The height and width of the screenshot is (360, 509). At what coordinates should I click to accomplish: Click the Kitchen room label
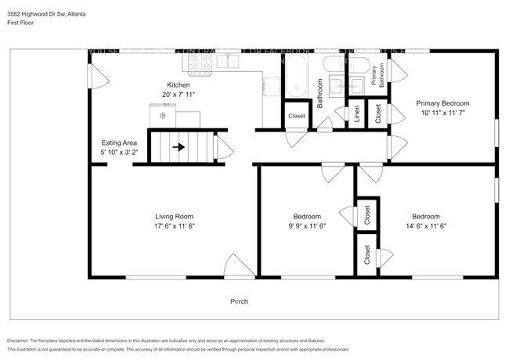click(179, 85)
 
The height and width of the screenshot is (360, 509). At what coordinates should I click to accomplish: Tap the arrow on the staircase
click(179, 146)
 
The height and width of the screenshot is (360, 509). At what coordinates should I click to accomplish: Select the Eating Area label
click(119, 142)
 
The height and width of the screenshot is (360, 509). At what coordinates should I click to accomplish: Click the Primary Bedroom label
click(442, 103)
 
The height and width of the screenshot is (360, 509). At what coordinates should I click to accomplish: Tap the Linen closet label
click(357, 114)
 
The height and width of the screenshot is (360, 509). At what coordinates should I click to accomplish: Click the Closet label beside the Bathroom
click(296, 116)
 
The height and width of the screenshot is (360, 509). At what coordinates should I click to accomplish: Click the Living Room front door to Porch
click(240, 267)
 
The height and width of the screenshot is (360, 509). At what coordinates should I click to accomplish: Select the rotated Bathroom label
click(319, 92)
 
